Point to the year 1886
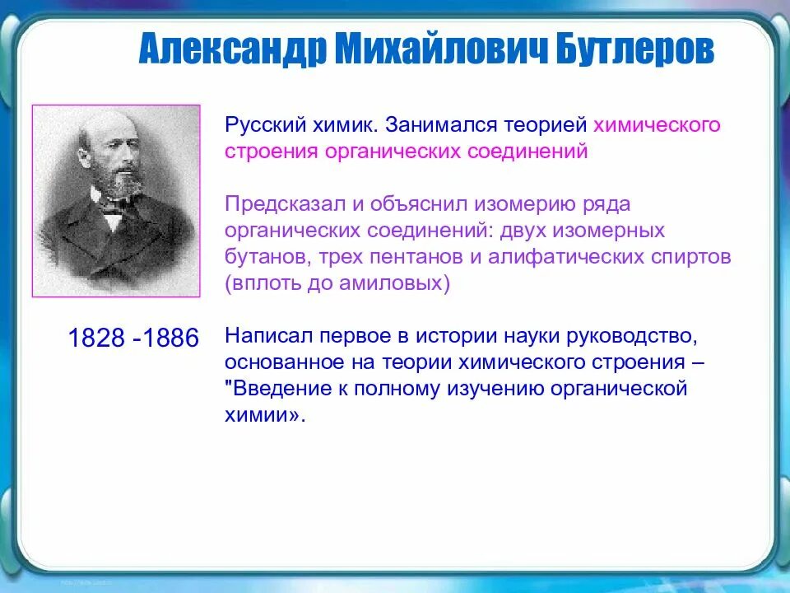tap(171, 338)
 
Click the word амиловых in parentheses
tap(394, 282)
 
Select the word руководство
tap(632, 335)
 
